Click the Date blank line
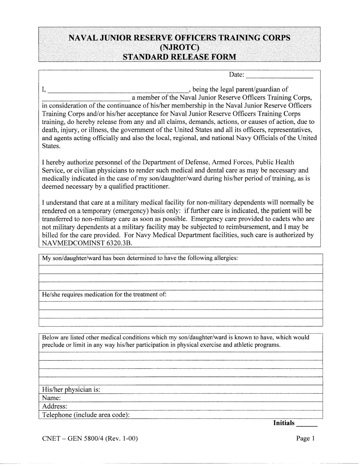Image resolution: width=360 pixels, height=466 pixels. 279,77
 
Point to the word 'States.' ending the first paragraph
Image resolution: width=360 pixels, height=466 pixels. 51,146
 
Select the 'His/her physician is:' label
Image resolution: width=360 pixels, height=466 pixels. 71,390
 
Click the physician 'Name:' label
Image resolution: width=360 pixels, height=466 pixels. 51,398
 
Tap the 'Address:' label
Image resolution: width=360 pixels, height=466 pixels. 55,406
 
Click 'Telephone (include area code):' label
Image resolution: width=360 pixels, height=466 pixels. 86,415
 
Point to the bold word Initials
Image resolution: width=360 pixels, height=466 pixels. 284,423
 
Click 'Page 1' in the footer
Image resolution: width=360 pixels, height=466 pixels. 305,438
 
